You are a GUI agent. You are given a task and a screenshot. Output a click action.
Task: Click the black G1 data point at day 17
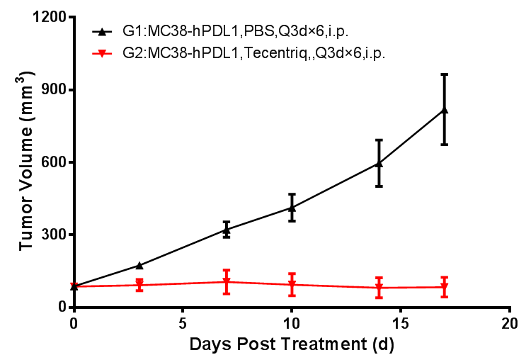click(x=445, y=109)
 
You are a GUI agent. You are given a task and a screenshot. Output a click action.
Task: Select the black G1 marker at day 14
click(x=379, y=163)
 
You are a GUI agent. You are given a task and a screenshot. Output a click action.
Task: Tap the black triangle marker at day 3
click(x=139, y=265)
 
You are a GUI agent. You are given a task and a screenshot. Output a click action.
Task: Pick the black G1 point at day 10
click(x=292, y=207)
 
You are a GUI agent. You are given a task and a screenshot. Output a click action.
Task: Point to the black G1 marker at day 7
click(x=227, y=229)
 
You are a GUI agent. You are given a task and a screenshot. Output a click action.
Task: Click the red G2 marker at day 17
click(x=445, y=288)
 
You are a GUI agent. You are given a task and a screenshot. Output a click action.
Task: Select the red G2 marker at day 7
click(x=227, y=282)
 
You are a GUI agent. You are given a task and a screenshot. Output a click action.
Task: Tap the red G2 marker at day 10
click(x=292, y=285)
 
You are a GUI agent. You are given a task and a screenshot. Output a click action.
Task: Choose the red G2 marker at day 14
click(x=379, y=288)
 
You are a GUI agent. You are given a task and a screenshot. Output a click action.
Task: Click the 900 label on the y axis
click(x=52, y=90)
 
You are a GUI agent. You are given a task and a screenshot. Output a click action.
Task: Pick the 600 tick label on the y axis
click(x=52, y=162)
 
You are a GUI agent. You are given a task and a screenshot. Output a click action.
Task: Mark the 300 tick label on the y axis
click(x=52, y=235)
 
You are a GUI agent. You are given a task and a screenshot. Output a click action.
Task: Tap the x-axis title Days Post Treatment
click(x=291, y=346)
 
